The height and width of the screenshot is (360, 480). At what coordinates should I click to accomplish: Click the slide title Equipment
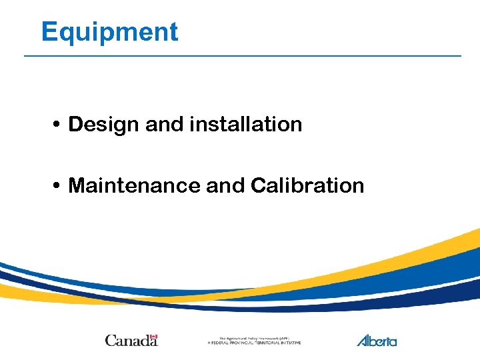[109, 32]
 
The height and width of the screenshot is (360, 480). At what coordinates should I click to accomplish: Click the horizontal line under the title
[242, 56]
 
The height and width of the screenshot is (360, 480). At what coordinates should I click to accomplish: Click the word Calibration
[307, 185]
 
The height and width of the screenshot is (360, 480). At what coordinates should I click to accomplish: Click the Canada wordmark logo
[131, 341]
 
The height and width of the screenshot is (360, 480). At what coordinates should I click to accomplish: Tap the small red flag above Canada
[153, 336]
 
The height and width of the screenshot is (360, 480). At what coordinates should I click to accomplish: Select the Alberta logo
[377, 340]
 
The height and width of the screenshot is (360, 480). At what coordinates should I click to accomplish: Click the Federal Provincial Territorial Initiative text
[254, 343]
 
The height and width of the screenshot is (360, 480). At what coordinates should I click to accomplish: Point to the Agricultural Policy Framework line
[254, 338]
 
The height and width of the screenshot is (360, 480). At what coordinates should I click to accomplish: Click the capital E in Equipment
[48, 32]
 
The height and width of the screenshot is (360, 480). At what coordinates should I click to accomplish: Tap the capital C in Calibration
[259, 185]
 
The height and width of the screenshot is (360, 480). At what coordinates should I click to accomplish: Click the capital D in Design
[75, 125]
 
